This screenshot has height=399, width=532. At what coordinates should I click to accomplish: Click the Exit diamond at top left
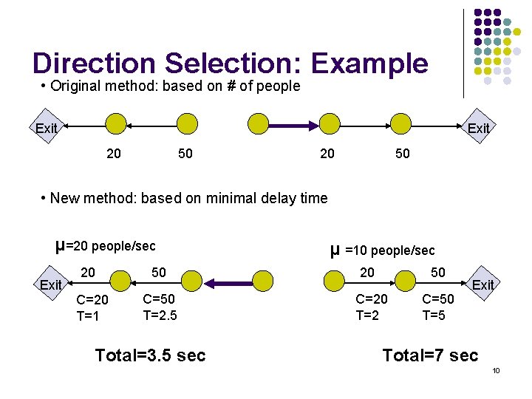point(46,128)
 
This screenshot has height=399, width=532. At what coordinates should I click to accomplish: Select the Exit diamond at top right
point(478,128)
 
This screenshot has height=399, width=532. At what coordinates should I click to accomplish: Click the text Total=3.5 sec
point(150,355)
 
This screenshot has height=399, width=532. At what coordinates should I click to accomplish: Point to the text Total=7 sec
point(430,355)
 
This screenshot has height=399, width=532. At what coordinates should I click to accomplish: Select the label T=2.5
point(160,316)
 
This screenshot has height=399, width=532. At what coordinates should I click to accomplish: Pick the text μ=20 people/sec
point(106,245)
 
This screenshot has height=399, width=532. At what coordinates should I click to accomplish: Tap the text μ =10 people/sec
point(382,250)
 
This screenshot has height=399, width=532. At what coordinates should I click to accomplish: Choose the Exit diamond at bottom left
point(50,284)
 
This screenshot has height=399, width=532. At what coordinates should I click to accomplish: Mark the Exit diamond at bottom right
point(482,284)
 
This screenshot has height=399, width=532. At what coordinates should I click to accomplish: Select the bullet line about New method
point(185,198)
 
